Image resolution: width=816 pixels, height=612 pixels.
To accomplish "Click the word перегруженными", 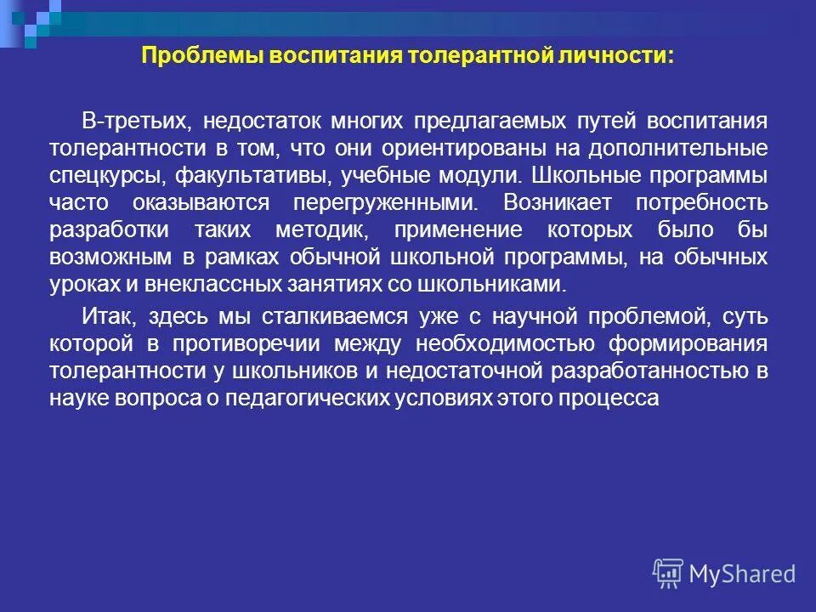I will point(386,203).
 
